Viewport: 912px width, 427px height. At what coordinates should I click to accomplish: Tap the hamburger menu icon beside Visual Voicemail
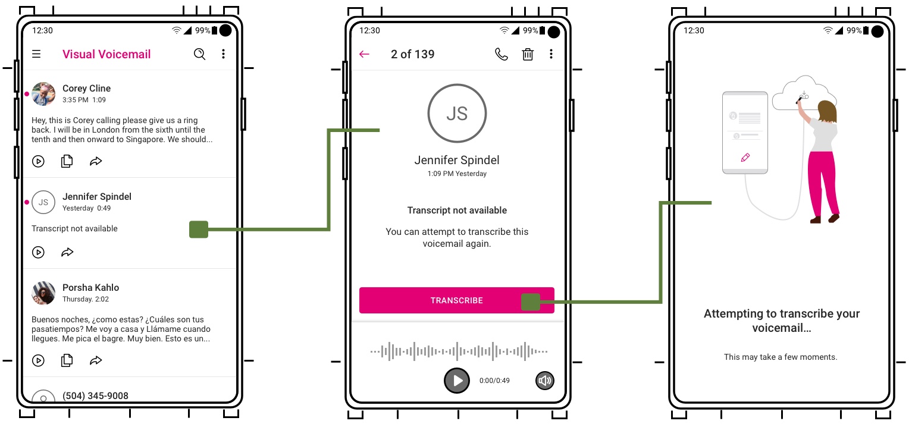point(36,54)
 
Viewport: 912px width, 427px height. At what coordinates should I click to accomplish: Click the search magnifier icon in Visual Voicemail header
point(199,54)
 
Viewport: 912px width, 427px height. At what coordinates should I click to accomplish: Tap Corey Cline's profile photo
point(43,94)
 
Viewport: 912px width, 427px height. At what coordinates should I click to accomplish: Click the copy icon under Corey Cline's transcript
point(67,161)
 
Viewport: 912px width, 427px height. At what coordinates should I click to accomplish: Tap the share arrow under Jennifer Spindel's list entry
point(67,252)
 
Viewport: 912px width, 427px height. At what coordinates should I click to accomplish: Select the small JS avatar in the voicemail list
point(43,202)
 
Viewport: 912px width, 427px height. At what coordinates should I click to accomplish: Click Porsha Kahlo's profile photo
point(43,293)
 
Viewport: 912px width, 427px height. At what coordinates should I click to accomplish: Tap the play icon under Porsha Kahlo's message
point(38,360)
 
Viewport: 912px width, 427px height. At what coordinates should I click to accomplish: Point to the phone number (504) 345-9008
point(95,395)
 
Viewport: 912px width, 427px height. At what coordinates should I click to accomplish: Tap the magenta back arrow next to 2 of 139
point(364,54)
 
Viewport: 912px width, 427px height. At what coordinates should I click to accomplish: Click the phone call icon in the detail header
point(502,54)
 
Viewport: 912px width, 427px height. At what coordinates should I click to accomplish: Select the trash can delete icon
point(528,54)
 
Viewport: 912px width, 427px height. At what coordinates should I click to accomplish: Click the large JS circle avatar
point(457,113)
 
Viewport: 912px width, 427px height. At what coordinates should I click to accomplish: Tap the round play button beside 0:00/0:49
point(457,381)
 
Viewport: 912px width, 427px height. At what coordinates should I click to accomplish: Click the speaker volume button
point(544,381)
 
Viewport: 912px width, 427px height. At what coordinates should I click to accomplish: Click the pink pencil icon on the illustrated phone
point(745,158)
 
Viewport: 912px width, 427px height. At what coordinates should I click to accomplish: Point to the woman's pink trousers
point(824,178)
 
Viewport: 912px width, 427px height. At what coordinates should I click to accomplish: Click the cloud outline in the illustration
point(803,92)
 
